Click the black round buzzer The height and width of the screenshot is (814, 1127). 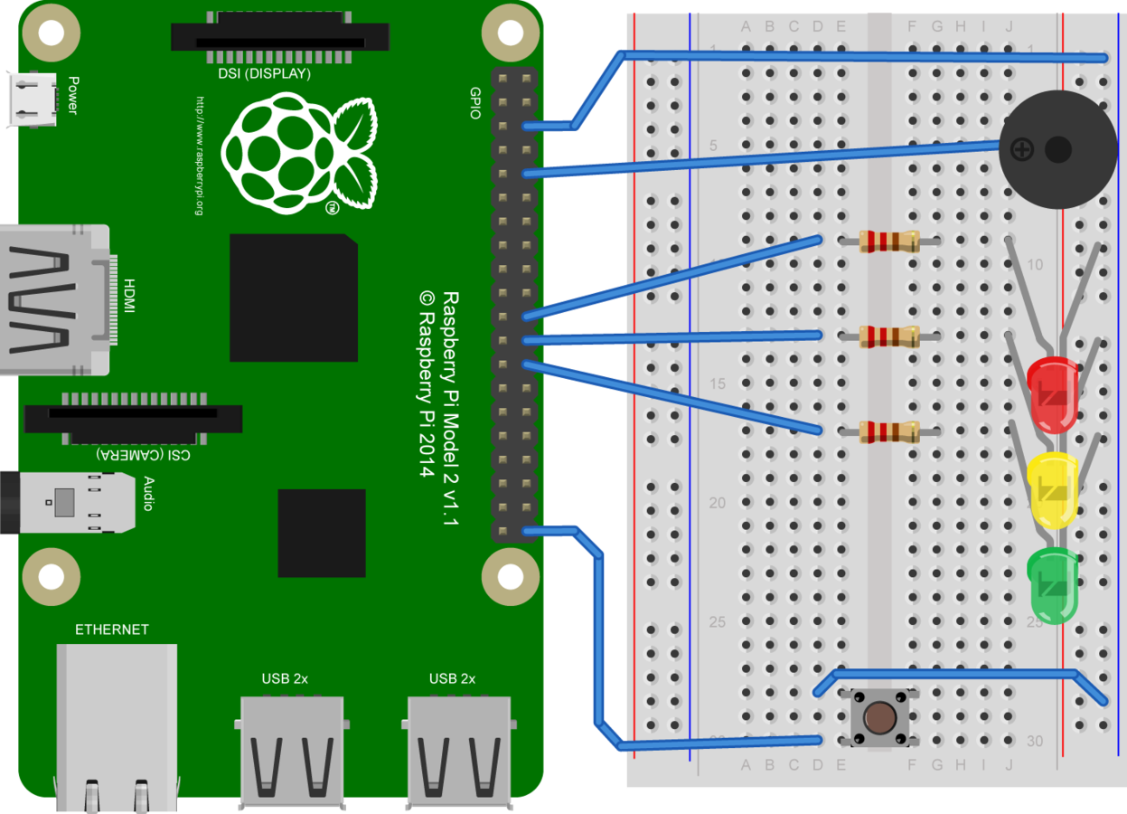tap(1057, 149)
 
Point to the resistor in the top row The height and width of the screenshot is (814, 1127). tap(889, 241)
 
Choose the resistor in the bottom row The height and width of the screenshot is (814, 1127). tap(889, 432)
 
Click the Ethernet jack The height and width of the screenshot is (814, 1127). tap(116, 724)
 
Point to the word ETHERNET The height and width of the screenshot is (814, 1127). tap(112, 629)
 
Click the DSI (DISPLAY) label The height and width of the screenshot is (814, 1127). tap(265, 74)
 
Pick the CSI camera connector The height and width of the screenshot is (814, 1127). tap(133, 418)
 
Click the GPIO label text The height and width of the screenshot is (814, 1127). tap(475, 103)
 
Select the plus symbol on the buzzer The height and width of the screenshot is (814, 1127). tap(1021, 149)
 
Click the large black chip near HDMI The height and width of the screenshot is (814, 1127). tap(293, 298)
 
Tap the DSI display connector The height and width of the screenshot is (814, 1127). tap(280, 36)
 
